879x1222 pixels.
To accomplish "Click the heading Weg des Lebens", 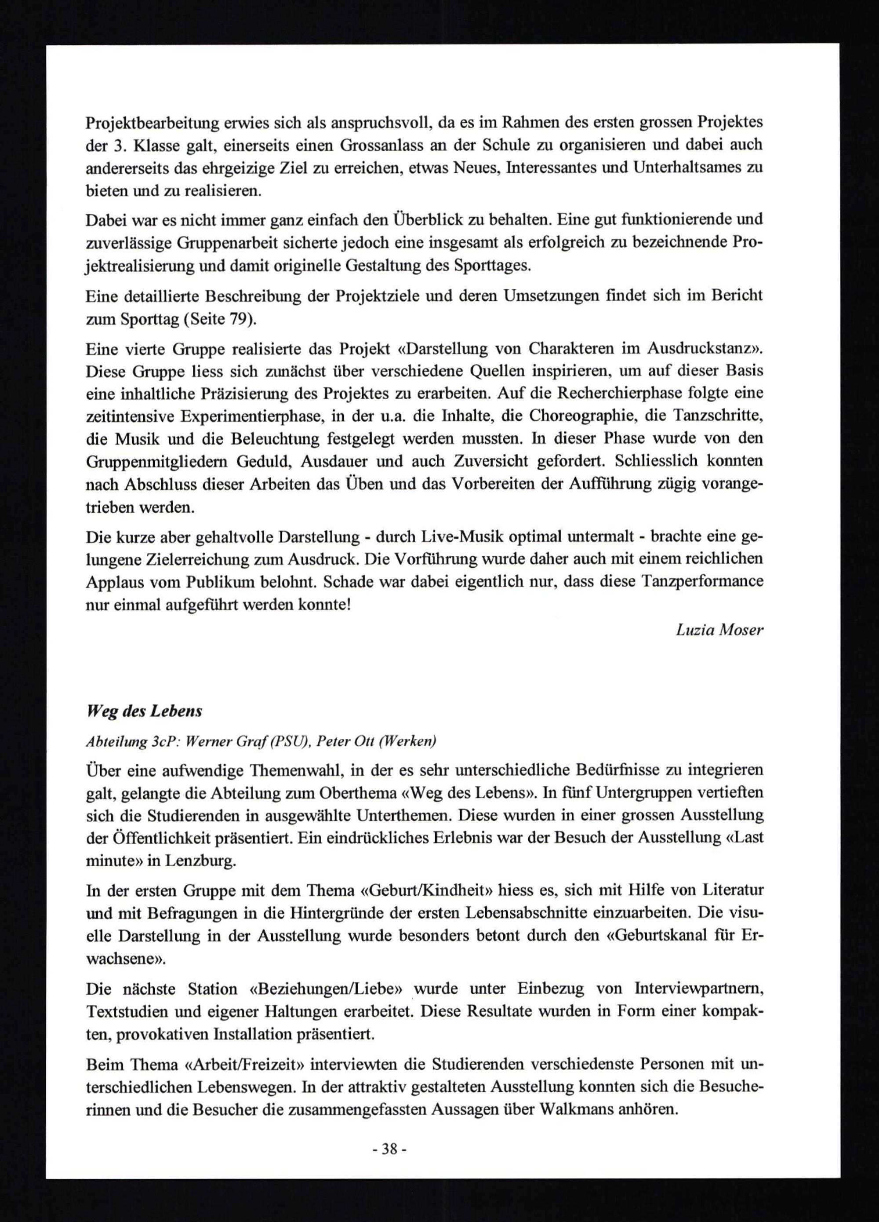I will point(144,711).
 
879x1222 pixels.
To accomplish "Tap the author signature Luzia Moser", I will point(719,629).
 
